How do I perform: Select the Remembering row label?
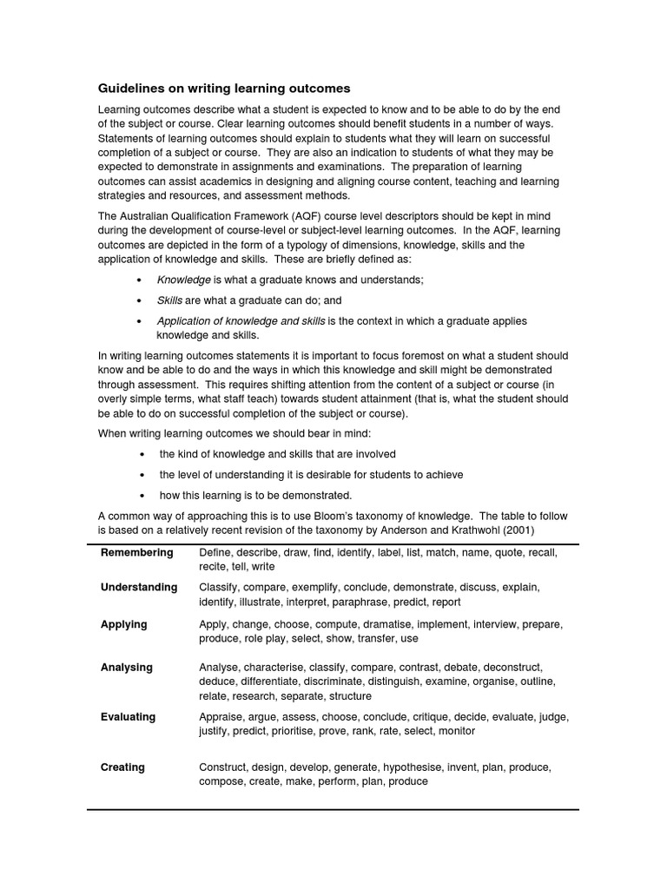click(x=136, y=553)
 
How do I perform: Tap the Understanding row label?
click(x=139, y=588)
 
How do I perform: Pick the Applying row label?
click(x=124, y=624)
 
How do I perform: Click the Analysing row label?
click(x=127, y=668)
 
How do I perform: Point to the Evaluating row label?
click(x=129, y=717)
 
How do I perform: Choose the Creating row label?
click(x=122, y=767)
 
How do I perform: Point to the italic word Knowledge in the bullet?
click(x=183, y=280)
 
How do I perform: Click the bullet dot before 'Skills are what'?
click(x=140, y=300)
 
